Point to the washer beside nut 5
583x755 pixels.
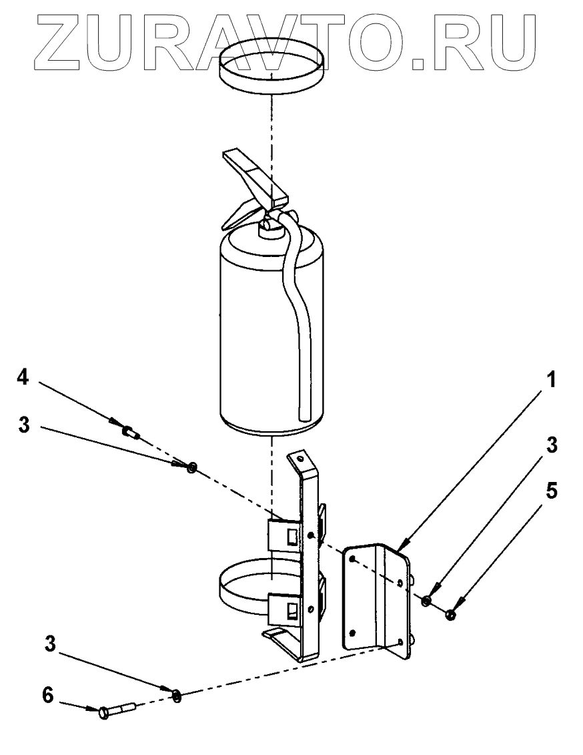tap(426, 602)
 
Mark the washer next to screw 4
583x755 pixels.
tap(192, 467)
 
